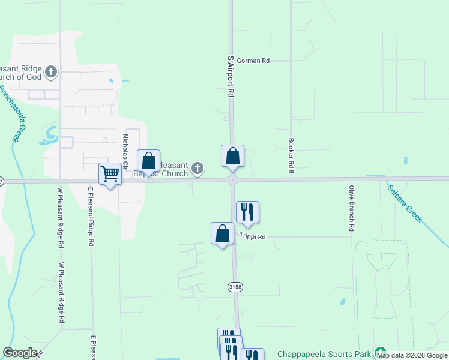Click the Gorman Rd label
click(x=253, y=61)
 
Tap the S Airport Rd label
click(x=230, y=77)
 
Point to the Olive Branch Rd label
click(x=351, y=209)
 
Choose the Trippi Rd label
click(x=253, y=237)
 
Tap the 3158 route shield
click(x=235, y=287)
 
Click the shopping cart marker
click(x=110, y=174)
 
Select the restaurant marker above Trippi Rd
click(x=247, y=212)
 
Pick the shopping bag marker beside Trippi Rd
click(x=222, y=233)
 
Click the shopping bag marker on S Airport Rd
click(x=232, y=156)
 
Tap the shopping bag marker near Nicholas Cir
click(x=148, y=161)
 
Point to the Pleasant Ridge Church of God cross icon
click(x=51, y=72)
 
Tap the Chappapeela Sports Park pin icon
click(x=379, y=352)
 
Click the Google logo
click(x=20, y=353)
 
